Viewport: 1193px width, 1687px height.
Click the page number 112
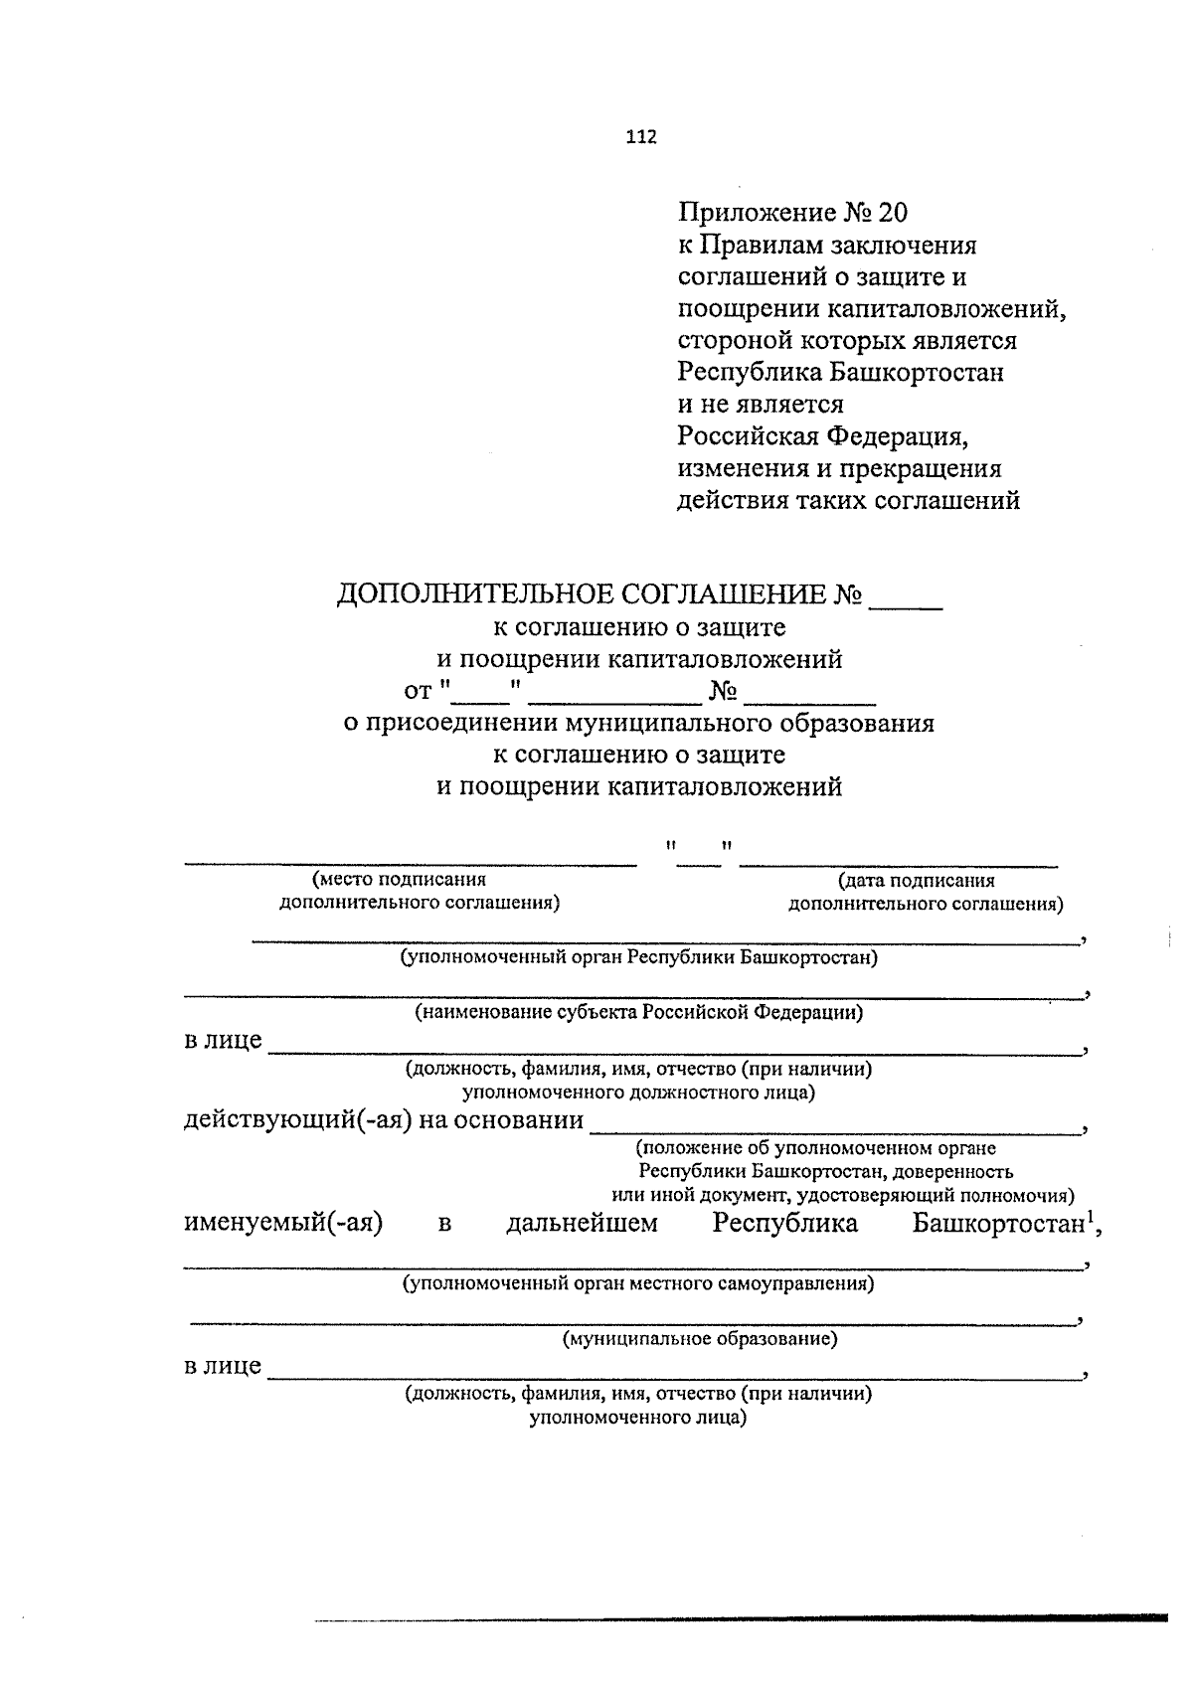(641, 138)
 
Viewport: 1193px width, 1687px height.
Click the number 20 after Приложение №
(892, 213)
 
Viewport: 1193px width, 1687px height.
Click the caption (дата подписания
(916, 880)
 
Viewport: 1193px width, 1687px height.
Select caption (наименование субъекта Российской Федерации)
(638, 1013)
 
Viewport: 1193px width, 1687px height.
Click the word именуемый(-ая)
(284, 1223)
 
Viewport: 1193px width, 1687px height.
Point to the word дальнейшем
(582, 1223)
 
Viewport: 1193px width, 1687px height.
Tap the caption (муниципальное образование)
(700, 1339)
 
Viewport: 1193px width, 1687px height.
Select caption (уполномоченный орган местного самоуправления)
(638, 1283)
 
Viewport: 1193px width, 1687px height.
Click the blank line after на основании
(835, 1129)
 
